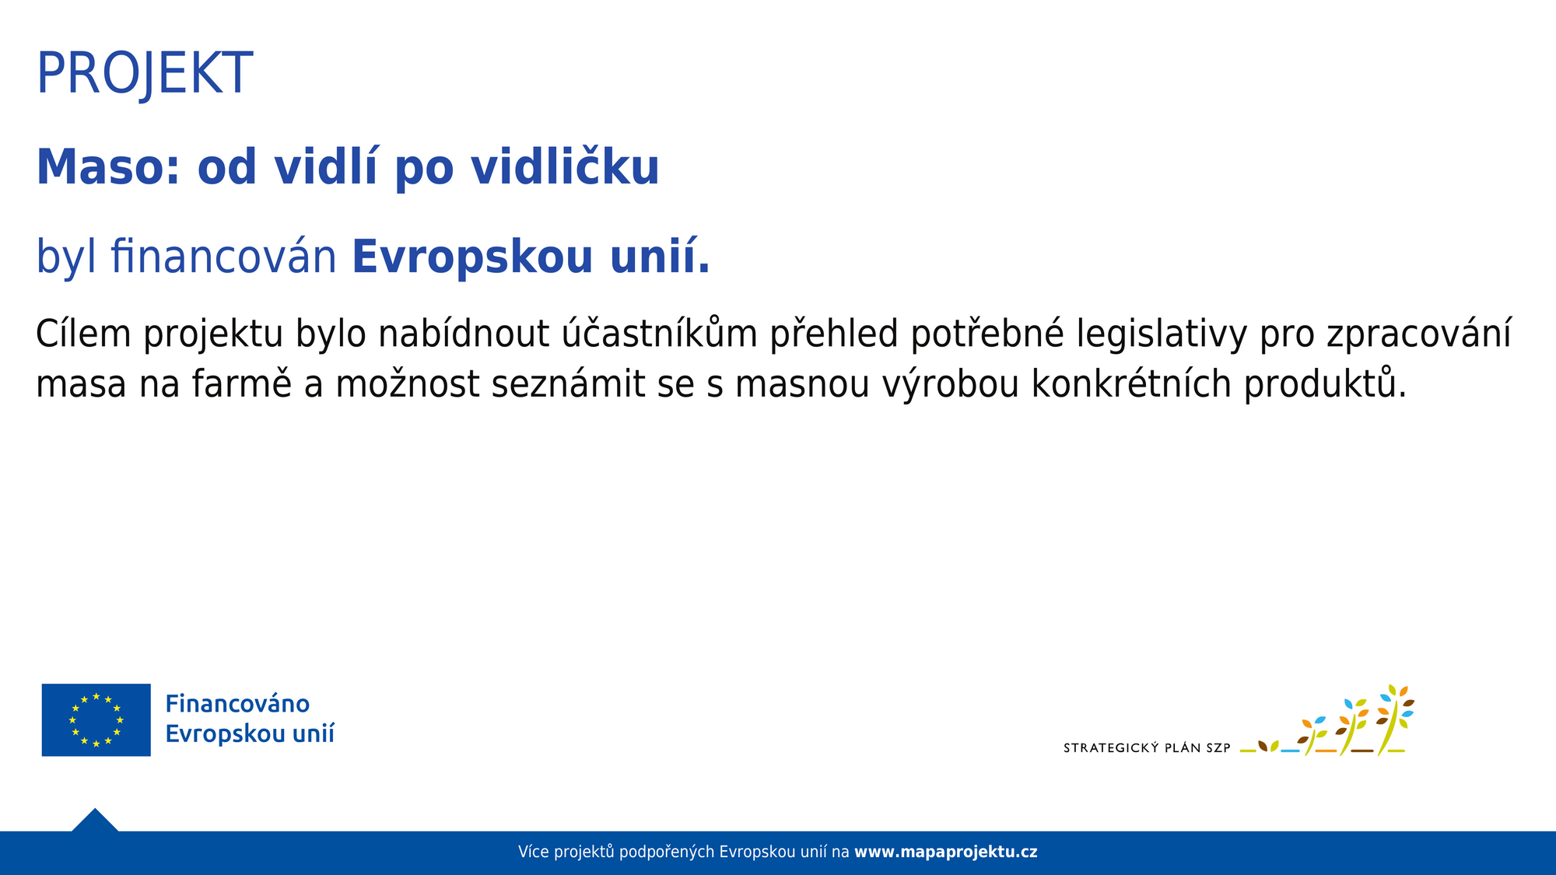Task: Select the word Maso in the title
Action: pos(108,166)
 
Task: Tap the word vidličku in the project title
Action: pos(565,166)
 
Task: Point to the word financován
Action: pos(223,256)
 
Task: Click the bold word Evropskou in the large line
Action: pos(472,257)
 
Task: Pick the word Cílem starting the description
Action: pos(83,333)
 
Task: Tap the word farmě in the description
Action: pos(241,383)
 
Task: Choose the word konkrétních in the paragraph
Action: pos(1131,383)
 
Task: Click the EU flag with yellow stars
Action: pos(96,719)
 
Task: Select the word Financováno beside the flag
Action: pos(237,704)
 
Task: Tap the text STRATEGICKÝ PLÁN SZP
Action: pos(1147,748)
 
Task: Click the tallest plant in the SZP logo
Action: pos(1394,719)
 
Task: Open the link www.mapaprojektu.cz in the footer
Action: pos(945,852)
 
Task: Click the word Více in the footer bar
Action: pos(534,852)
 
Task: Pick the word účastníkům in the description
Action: pos(660,334)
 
